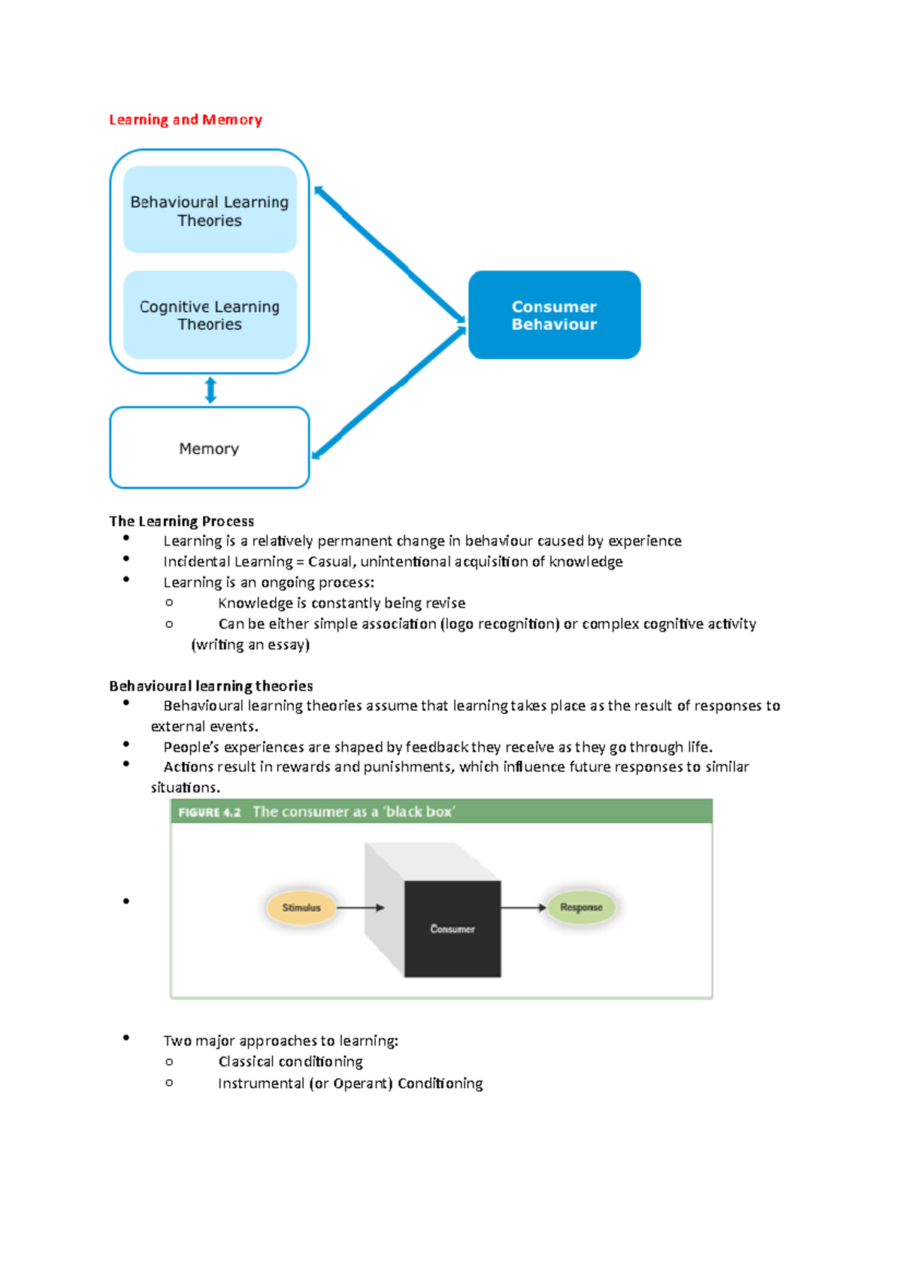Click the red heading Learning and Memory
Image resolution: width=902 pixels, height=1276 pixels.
[x=185, y=119]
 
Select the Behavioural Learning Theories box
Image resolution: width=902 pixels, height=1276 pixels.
[x=210, y=210]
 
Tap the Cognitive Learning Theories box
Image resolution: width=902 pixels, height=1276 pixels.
[x=210, y=315]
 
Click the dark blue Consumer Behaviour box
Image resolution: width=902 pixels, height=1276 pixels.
[x=554, y=315]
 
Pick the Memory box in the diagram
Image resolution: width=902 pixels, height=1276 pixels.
[x=209, y=448]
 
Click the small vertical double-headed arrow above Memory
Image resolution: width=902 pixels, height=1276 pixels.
[x=210, y=390]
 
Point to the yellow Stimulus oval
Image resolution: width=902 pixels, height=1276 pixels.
[x=301, y=908]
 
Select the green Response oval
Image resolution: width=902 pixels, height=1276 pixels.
[x=580, y=907]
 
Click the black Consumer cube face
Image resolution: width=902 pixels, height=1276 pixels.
[x=453, y=929]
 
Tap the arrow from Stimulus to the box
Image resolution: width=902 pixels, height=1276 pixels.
[x=360, y=908]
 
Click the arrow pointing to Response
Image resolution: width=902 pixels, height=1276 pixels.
[x=524, y=907]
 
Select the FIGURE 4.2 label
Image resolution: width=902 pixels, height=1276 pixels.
[x=210, y=812]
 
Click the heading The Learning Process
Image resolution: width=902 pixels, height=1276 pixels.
[x=181, y=522]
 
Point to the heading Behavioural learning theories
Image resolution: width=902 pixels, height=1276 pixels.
[x=210, y=686]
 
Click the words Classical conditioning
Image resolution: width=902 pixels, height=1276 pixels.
[x=291, y=1061]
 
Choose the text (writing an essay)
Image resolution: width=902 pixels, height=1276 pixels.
[x=251, y=644]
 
